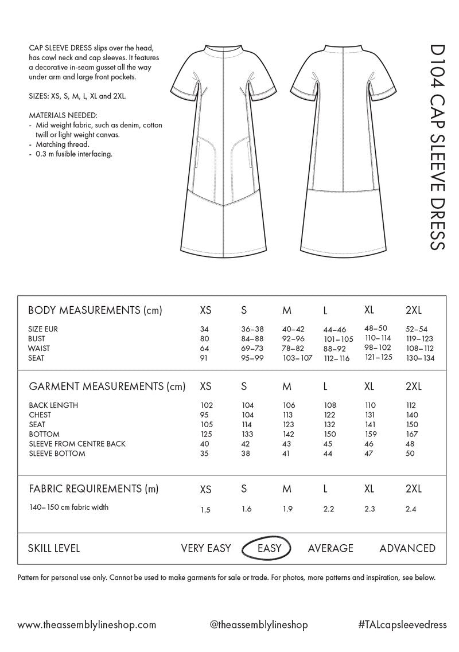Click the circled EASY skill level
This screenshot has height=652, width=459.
coord(269,548)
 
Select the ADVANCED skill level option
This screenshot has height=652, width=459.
coord(407,548)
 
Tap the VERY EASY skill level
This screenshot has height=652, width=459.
coord(206,548)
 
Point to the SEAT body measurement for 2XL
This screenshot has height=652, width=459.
coord(421,358)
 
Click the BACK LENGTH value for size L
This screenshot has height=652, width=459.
coord(330,405)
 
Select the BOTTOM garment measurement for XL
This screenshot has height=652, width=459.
coord(371,434)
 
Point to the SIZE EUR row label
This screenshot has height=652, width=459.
coord(43,329)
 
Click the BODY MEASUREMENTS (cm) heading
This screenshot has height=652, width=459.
coord(95,311)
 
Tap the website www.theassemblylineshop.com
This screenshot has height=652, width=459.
coord(87,624)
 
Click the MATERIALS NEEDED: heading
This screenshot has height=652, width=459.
coord(59,115)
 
